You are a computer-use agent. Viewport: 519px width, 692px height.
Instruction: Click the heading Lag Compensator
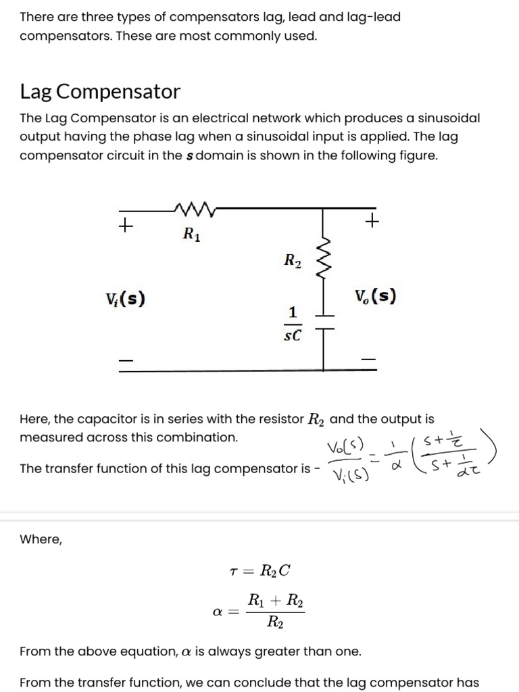click(x=100, y=91)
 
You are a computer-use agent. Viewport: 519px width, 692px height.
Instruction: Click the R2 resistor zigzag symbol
click(x=324, y=262)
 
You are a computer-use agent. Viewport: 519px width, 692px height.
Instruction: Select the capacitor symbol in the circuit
click(x=324, y=323)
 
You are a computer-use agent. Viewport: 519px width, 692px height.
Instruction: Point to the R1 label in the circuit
click(x=192, y=234)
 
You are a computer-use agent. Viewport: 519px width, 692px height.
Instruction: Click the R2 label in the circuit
click(x=292, y=260)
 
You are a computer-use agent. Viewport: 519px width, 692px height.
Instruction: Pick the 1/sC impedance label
click(x=292, y=324)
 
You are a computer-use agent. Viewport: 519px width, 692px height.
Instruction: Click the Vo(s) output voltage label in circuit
click(x=375, y=296)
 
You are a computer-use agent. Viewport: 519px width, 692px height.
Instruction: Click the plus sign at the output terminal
click(x=372, y=220)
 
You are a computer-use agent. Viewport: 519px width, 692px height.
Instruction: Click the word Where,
click(x=41, y=539)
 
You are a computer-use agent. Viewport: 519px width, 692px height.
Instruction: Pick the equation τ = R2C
click(x=260, y=570)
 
